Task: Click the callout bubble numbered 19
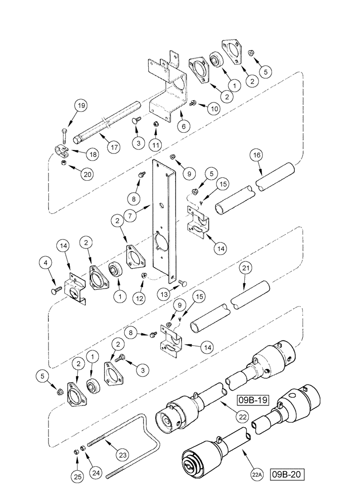pyautogui.click(x=81, y=105)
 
